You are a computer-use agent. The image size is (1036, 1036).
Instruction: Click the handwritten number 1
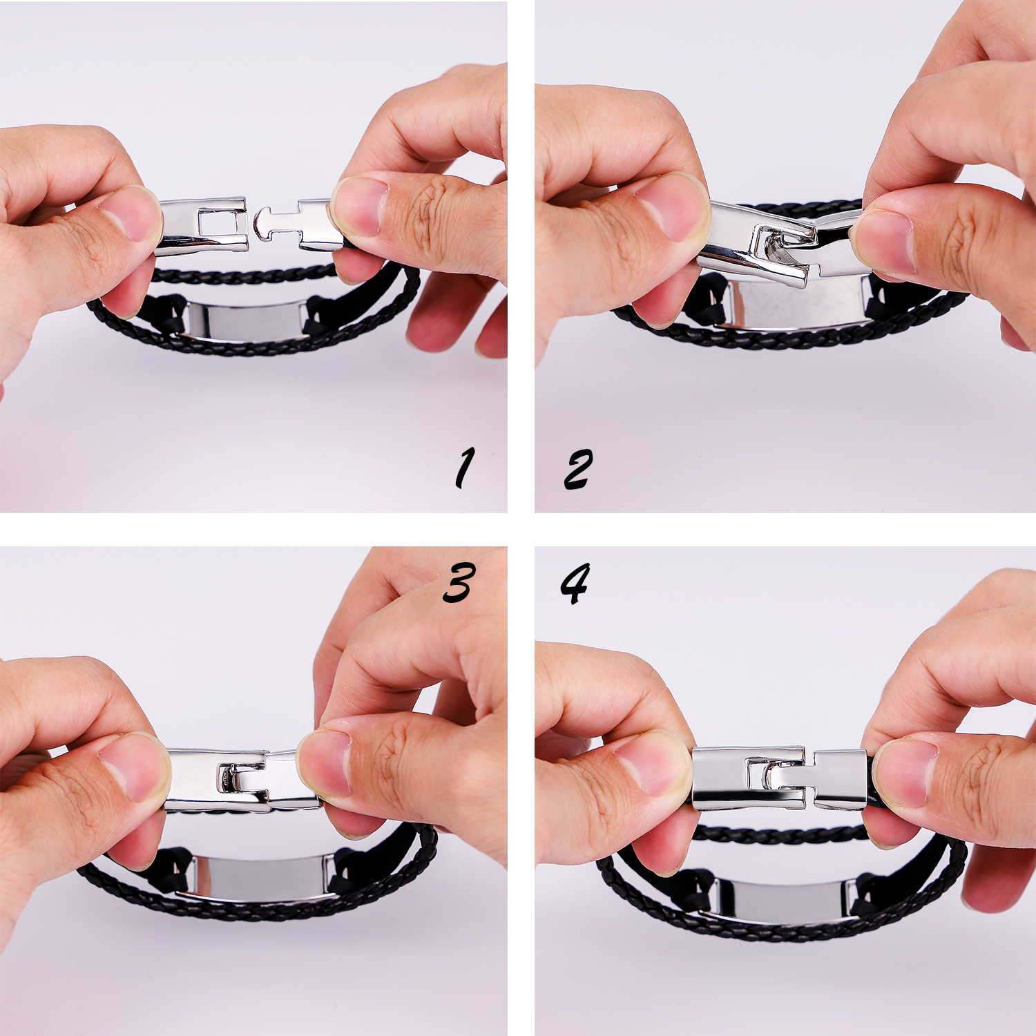[465, 468]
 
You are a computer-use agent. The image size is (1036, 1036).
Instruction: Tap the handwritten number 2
[578, 469]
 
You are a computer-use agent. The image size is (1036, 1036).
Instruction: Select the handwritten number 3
[459, 582]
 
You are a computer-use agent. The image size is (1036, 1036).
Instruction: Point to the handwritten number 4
[575, 583]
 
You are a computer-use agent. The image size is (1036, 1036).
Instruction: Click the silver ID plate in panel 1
[245, 320]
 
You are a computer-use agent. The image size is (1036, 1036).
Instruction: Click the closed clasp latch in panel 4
[779, 778]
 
